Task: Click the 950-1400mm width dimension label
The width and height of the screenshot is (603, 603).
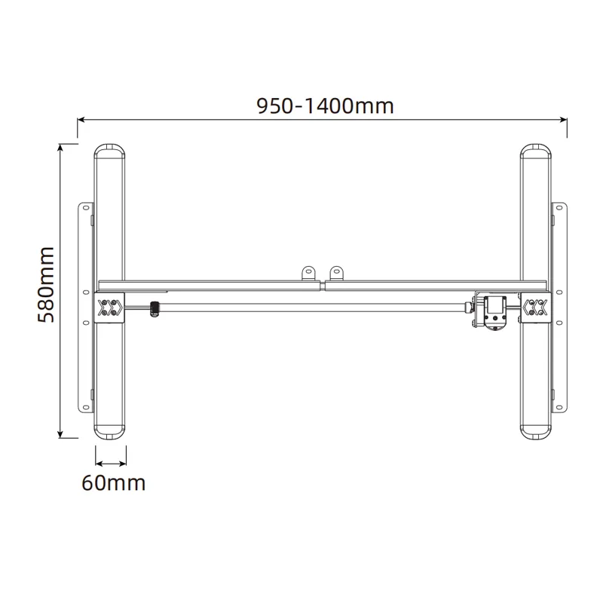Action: point(325,105)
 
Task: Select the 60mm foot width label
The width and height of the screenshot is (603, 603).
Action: point(113,482)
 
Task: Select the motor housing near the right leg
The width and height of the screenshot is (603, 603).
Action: point(496,311)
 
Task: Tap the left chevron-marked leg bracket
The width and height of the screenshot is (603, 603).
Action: point(110,307)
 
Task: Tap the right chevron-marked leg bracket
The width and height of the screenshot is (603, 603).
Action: point(537,307)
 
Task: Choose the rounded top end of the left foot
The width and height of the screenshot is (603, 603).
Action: point(111,149)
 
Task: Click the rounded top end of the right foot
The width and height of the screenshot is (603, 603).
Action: point(537,149)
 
